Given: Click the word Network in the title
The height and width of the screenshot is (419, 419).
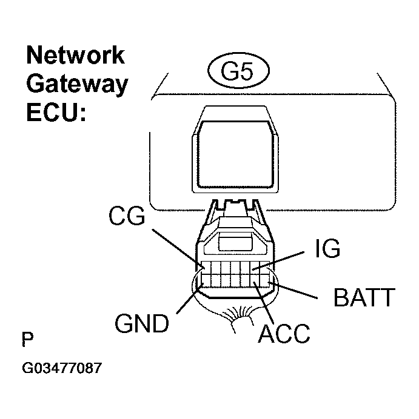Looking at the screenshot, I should click(x=75, y=56).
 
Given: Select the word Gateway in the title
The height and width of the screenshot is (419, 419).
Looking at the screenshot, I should click(x=77, y=84).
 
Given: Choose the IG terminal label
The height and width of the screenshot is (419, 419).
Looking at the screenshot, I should click(x=328, y=249).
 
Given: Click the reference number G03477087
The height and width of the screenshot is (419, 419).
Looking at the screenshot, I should click(x=61, y=368).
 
